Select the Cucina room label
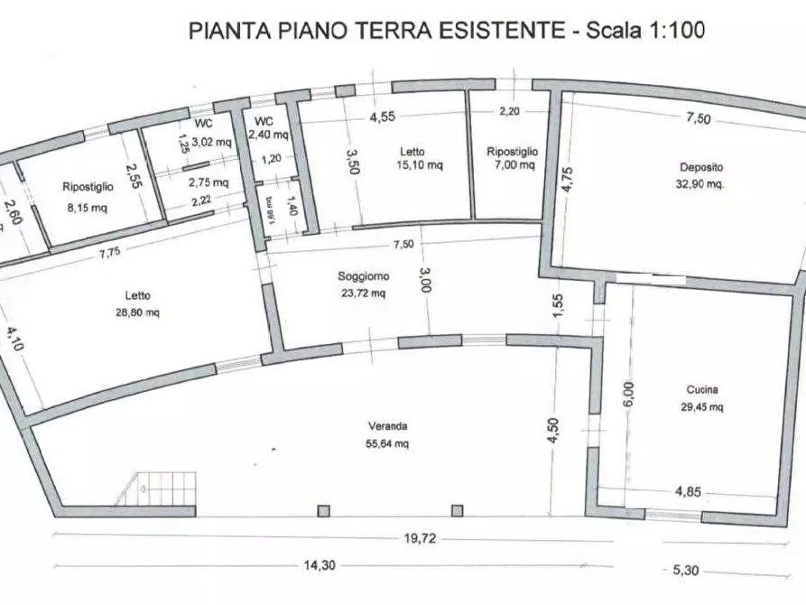(702, 390)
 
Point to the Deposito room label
(701, 167)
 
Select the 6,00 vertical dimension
(629, 396)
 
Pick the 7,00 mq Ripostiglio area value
(512, 166)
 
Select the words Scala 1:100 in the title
(645, 30)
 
